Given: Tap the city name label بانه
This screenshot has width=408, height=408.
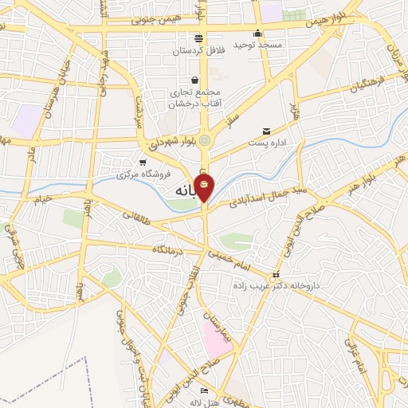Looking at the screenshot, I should tap(184, 193).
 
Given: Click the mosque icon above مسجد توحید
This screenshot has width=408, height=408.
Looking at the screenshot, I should tap(257, 33).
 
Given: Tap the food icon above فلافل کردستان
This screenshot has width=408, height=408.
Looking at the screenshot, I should tap(199, 38).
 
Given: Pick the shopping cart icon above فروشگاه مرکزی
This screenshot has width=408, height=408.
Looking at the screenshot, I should tap(142, 162).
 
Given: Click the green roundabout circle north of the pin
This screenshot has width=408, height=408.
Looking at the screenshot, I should tap(205, 140).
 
